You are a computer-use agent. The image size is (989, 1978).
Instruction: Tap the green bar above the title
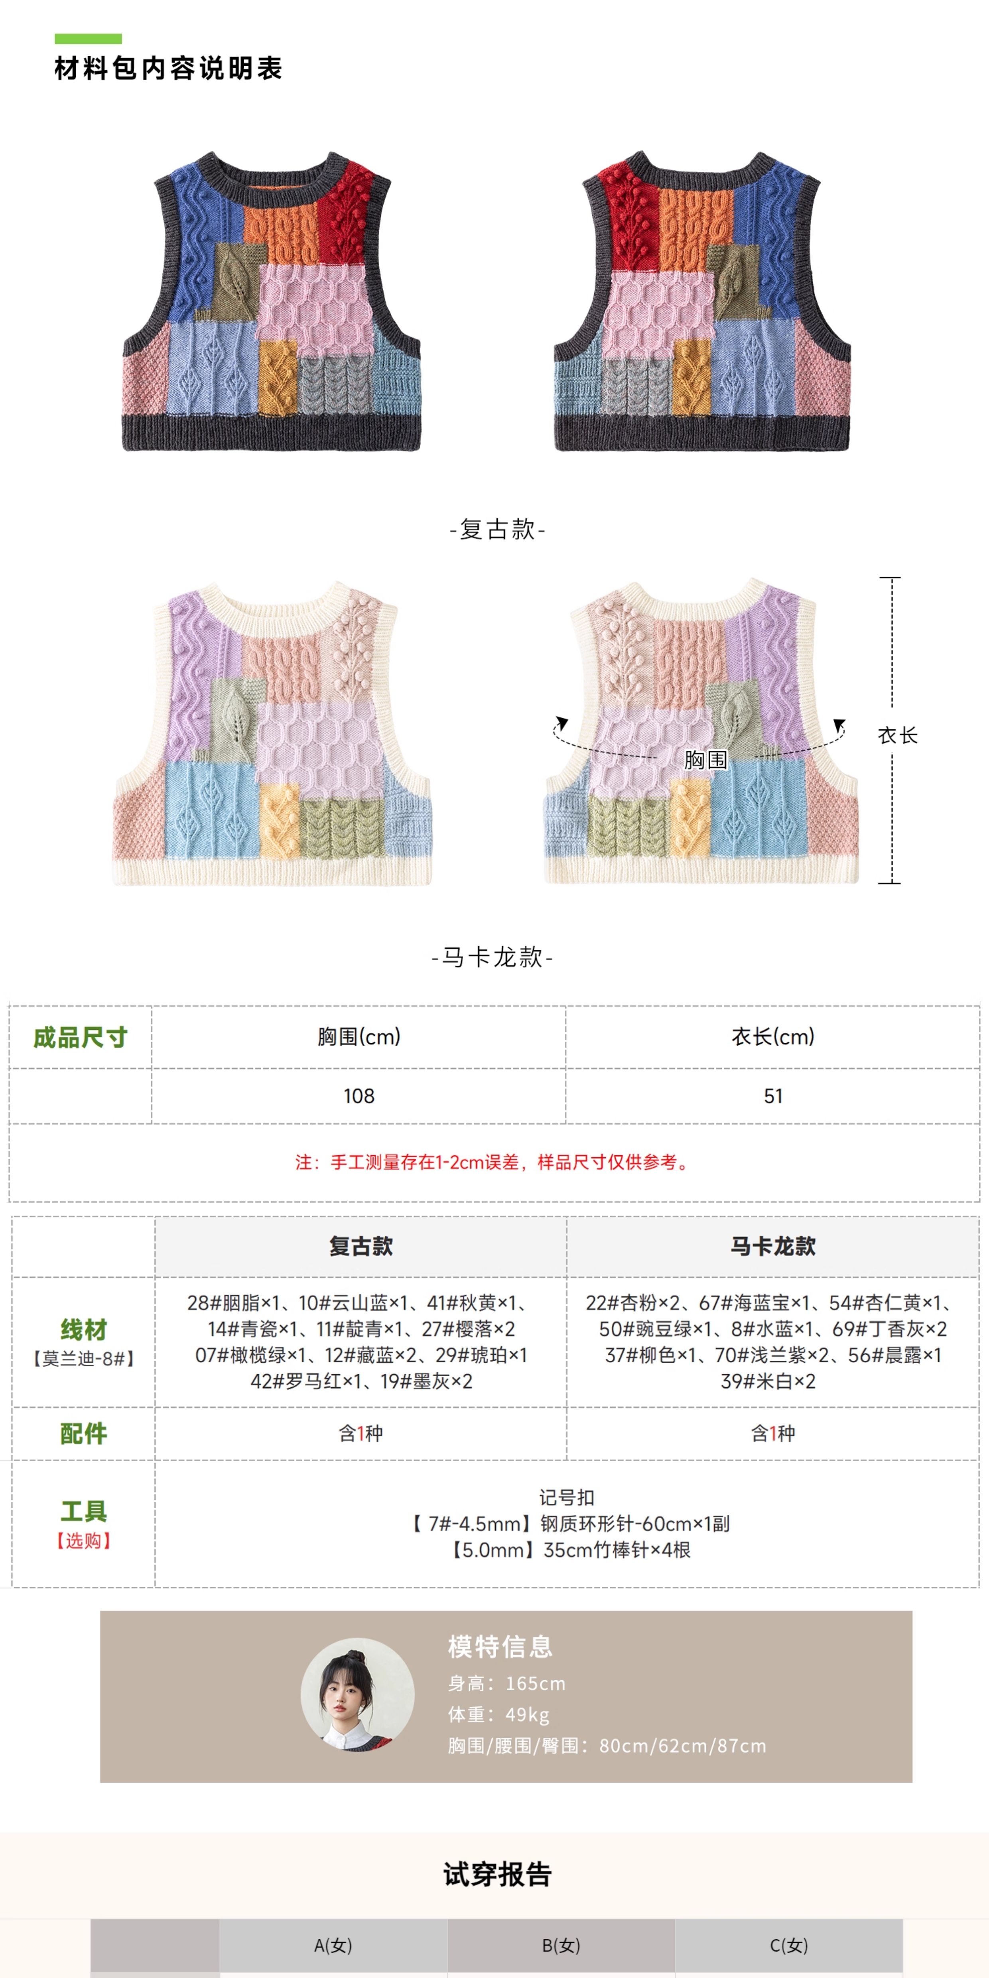click(88, 38)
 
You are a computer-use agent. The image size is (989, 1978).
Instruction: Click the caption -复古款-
click(497, 529)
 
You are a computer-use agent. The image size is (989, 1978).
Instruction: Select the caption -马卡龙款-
click(492, 957)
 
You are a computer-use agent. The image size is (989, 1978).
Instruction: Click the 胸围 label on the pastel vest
click(705, 759)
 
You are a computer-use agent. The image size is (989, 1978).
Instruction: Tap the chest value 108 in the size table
click(359, 1096)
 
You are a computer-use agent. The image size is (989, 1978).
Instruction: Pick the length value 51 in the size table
click(772, 1096)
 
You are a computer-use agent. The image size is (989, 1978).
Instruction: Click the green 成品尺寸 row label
click(80, 1037)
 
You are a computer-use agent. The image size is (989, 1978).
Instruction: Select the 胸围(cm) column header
click(359, 1036)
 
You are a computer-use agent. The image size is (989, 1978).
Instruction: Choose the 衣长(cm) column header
click(772, 1036)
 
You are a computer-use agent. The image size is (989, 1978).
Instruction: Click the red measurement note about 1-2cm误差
click(494, 1162)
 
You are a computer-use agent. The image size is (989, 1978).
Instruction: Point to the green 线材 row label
click(83, 1329)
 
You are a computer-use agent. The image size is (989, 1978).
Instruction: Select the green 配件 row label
click(83, 1433)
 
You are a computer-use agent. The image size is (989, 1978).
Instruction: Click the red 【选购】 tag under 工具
click(83, 1540)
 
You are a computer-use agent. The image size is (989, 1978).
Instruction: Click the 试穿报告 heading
click(497, 1874)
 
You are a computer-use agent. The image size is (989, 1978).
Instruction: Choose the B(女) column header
click(561, 1945)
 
